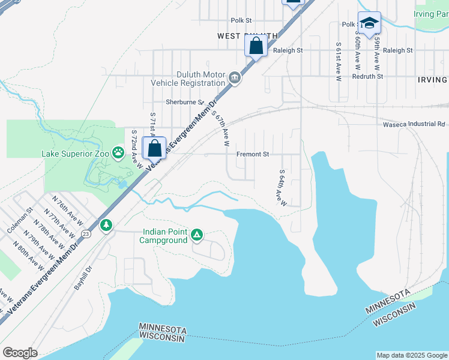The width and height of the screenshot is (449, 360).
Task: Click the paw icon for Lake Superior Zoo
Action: (x=119, y=154)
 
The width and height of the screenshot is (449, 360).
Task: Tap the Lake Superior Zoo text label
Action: (x=75, y=154)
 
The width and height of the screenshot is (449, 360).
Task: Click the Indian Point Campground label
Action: (x=163, y=236)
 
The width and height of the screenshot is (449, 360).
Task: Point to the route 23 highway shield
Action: (x=86, y=235)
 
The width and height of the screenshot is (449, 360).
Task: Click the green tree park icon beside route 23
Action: (x=106, y=225)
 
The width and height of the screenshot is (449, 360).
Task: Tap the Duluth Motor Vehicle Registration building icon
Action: (x=235, y=78)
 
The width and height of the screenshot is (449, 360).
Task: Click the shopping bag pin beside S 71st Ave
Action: (x=154, y=149)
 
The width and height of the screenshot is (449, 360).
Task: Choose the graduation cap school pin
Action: (x=369, y=24)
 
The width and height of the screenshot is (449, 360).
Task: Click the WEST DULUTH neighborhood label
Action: (x=247, y=36)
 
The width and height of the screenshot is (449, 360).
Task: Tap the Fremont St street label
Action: (x=252, y=154)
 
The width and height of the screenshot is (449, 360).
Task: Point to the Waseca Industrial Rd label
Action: (x=414, y=124)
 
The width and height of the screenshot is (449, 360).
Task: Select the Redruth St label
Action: (x=367, y=77)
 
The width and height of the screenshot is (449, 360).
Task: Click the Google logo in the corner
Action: (x=20, y=353)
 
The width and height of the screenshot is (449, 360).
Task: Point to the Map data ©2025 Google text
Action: (x=411, y=355)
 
